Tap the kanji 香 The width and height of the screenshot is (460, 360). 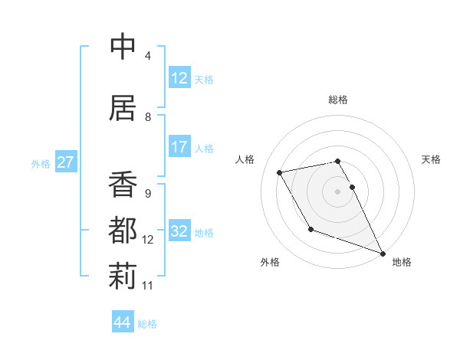(123, 185)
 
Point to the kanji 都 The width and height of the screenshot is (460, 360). (123, 230)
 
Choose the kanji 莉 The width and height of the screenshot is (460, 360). (123, 275)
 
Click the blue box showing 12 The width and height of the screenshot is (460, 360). (179, 78)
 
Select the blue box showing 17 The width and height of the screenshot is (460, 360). (179, 147)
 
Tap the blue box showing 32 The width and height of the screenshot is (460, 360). (179, 231)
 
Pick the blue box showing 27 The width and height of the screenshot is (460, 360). (65, 162)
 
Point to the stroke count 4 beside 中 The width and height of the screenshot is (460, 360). (148, 56)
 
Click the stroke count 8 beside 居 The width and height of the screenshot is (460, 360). (148, 117)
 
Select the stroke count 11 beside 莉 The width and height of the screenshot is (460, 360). (148, 286)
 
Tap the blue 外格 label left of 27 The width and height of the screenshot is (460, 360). (40, 163)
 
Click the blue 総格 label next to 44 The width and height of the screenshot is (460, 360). (147, 324)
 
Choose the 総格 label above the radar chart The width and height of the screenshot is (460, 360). (338, 100)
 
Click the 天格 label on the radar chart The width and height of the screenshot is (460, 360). (432, 159)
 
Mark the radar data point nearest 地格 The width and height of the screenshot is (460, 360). (383, 254)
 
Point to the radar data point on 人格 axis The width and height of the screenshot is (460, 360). (280, 172)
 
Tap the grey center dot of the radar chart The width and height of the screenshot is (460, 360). (338, 191)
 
